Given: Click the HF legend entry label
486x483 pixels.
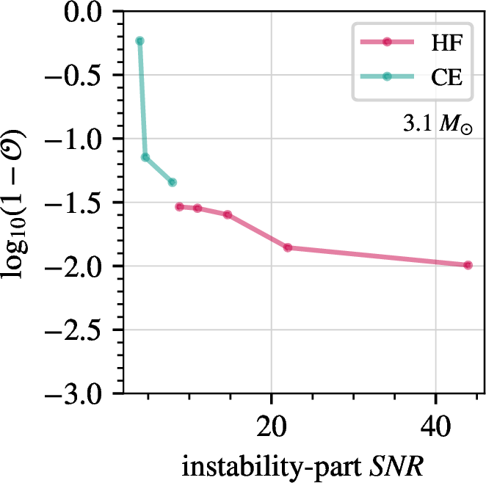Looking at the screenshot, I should (x=447, y=42).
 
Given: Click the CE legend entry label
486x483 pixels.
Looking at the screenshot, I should (x=446, y=76).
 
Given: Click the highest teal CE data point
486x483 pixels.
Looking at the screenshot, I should (x=139, y=41).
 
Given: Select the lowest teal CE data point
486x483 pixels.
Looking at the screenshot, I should (x=172, y=182).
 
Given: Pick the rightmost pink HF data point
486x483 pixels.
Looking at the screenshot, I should (x=468, y=265).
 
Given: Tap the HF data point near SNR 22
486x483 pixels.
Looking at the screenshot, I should (x=288, y=247).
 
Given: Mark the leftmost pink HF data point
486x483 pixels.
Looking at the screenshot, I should (x=179, y=206).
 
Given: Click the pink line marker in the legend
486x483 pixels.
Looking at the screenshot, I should (x=386, y=42).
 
